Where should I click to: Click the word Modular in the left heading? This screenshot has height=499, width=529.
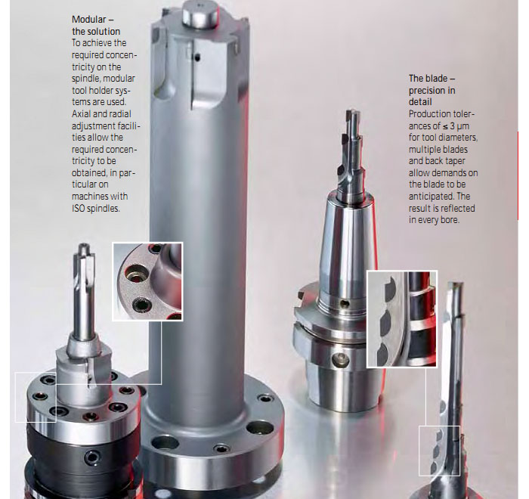click(88, 20)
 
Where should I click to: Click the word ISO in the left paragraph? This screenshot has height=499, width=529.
click(79, 209)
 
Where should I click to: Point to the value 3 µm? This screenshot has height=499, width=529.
click(459, 126)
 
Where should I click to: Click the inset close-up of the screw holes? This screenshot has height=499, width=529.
click(147, 281)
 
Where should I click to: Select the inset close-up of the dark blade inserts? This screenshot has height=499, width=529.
click(402, 319)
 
